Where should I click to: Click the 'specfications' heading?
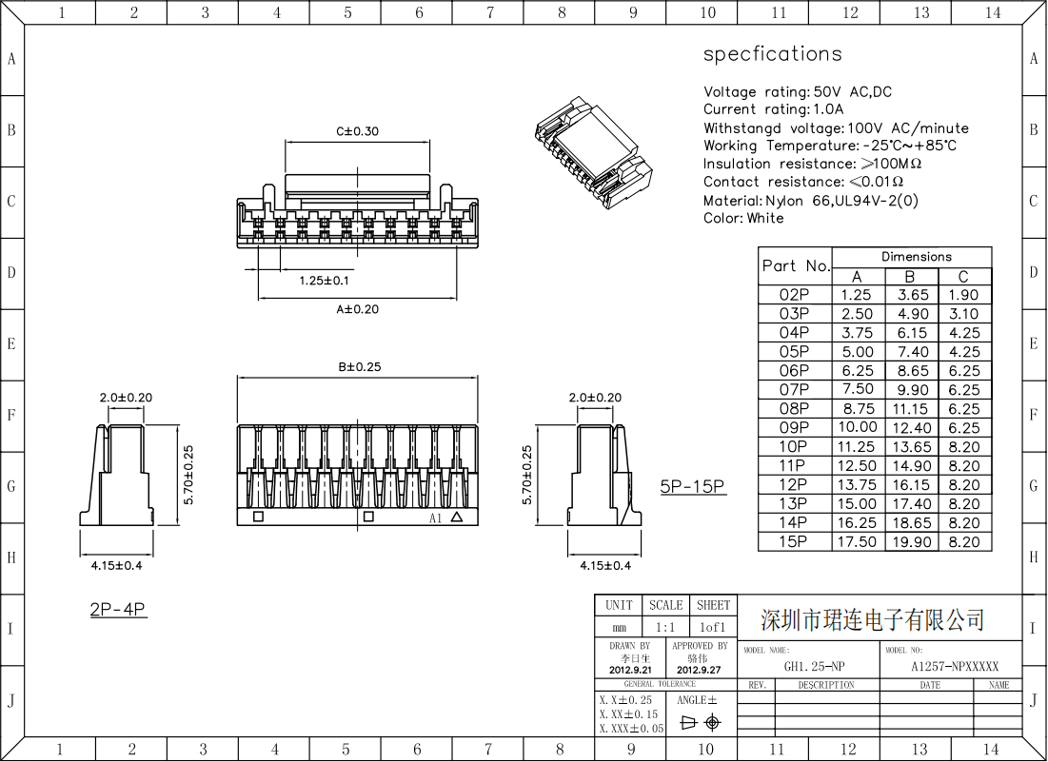coord(772,54)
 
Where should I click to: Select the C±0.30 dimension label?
coord(357,131)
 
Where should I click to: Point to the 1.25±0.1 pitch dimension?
coord(324,281)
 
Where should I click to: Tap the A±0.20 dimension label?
coord(357,309)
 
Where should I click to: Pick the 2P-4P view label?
coord(118,610)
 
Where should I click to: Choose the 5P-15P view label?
coord(693,487)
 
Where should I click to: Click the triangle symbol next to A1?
coord(457,518)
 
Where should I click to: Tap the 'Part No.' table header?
coord(796,266)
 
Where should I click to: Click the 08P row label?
coord(794,409)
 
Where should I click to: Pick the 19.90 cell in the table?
coord(912,542)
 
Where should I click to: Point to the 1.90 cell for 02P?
coord(963,295)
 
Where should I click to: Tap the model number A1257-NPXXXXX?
coord(955,667)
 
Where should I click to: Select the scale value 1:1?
coord(664,628)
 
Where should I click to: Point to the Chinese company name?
coord(872,621)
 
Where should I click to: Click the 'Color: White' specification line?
coord(743,219)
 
